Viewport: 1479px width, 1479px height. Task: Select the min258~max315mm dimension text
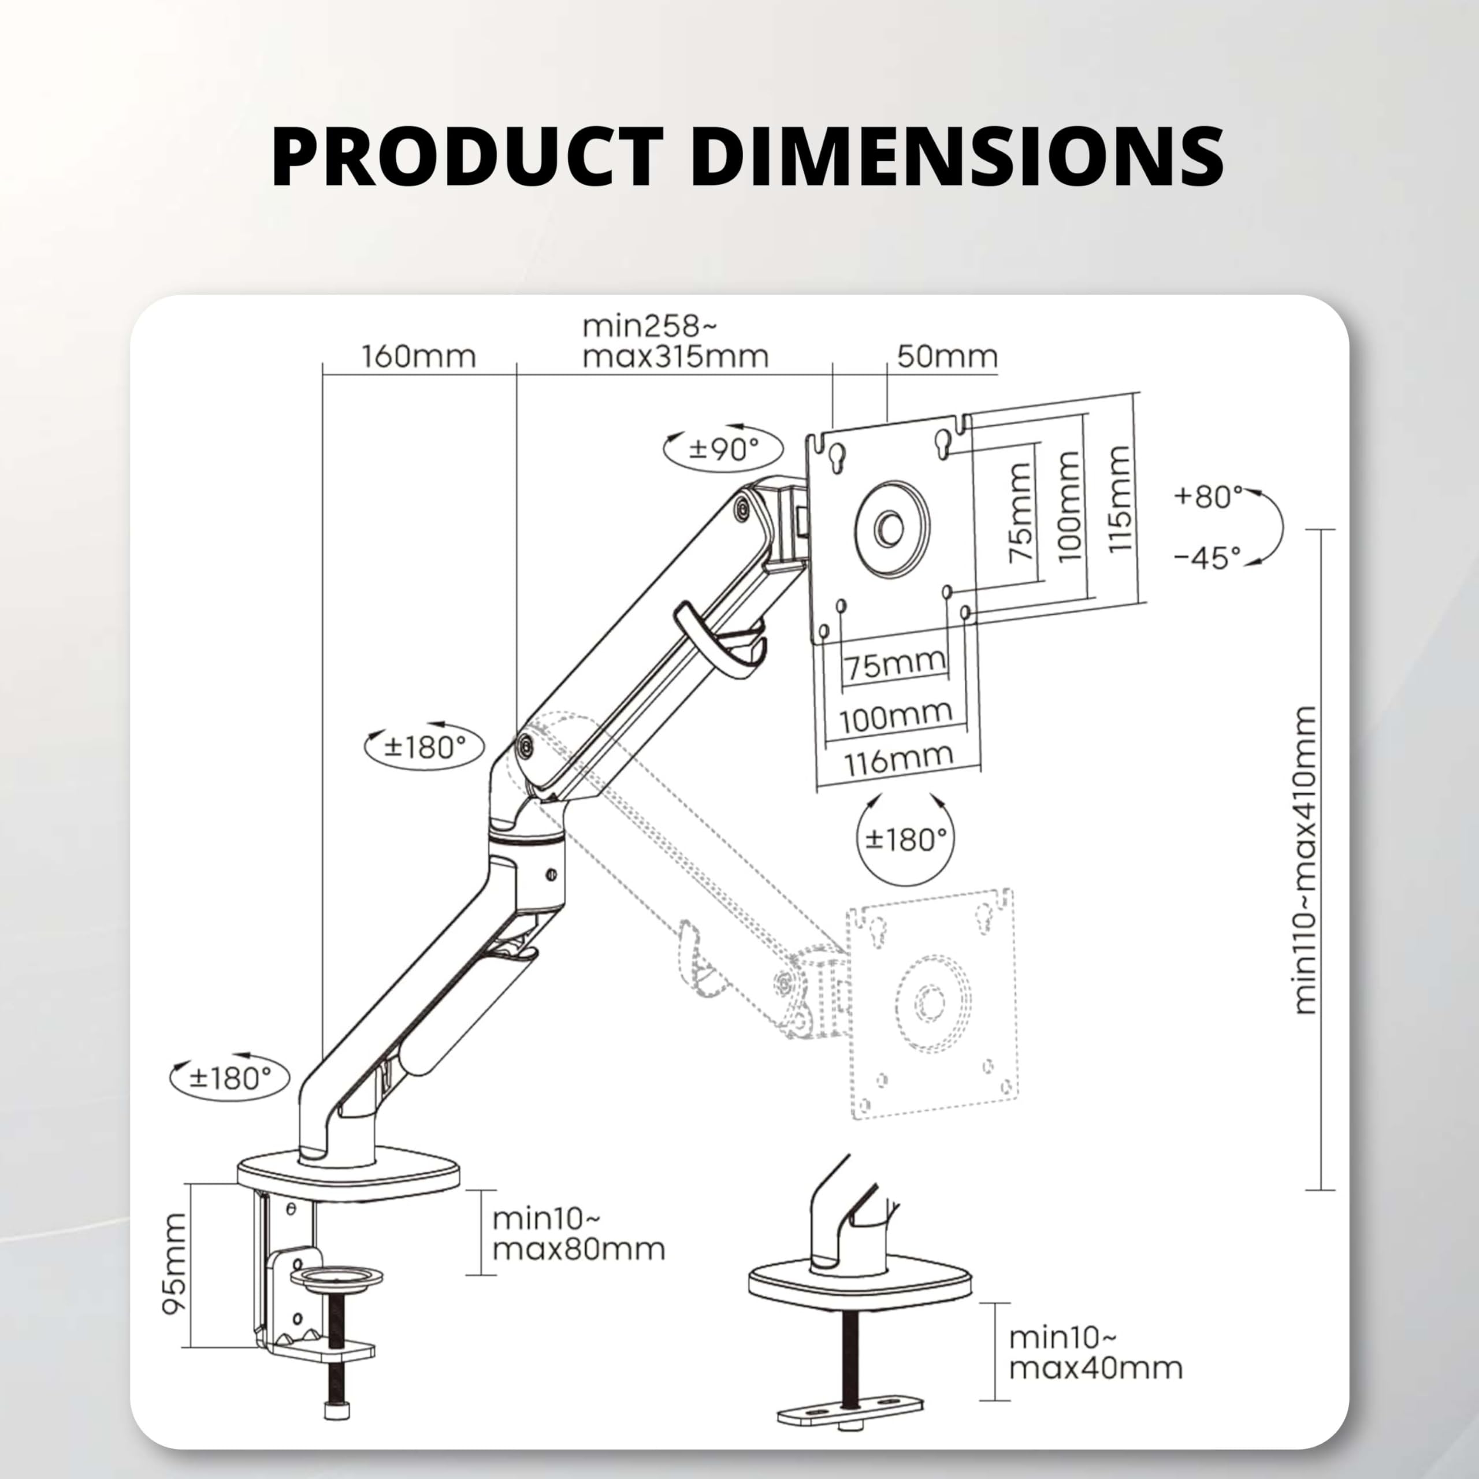tap(674, 341)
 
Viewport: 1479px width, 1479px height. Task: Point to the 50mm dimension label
tap(947, 356)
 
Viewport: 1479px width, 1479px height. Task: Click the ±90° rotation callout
tap(723, 448)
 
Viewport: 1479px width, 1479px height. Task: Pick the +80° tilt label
tap(1208, 497)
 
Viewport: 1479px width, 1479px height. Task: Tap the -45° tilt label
tap(1207, 558)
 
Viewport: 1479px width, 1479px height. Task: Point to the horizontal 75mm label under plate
tap(894, 663)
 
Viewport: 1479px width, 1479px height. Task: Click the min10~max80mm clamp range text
tap(578, 1233)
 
